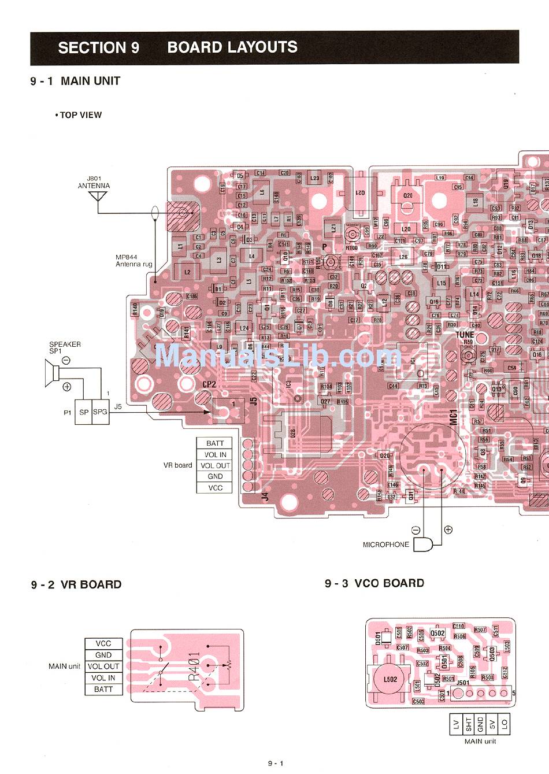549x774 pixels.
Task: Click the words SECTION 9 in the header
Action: [x=98, y=48]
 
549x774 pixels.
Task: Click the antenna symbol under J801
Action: [x=98, y=197]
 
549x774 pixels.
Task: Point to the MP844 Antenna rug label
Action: [x=133, y=261]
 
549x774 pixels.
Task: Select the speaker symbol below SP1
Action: [x=51, y=373]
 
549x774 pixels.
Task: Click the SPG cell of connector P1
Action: [x=101, y=412]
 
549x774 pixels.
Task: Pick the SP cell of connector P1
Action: [x=84, y=412]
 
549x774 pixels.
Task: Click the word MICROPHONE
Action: [x=385, y=545]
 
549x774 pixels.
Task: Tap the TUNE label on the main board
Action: [x=465, y=335]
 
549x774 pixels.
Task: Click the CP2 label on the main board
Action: [x=209, y=384]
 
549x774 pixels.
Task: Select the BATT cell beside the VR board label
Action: [x=215, y=443]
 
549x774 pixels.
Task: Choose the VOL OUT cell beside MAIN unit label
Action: [x=103, y=666]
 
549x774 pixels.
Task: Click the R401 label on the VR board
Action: [x=194, y=665]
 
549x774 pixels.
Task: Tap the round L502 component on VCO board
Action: [x=390, y=679]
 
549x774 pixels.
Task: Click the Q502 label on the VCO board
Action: [x=437, y=633]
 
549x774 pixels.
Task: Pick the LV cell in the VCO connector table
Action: [x=456, y=724]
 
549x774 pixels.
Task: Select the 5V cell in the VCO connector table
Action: [x=492, y=724]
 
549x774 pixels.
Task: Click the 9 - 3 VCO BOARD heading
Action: [x=374, y=583]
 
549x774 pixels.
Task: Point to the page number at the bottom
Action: [x=276, y=764]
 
